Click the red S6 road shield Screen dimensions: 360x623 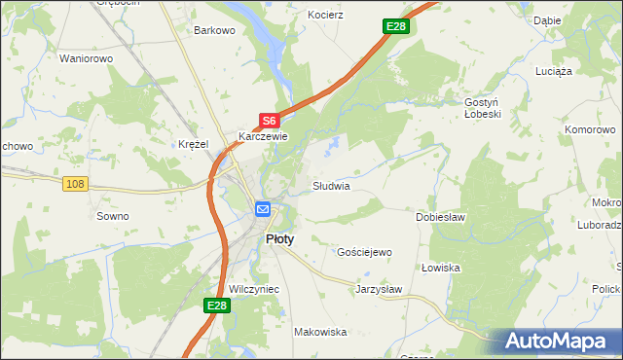(x=270, y=121)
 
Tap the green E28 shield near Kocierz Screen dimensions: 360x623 (x=394, y=26)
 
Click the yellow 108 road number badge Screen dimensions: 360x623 (x=75, y=183)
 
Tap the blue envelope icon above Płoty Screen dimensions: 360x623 (x=263, y=208)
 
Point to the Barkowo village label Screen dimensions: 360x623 (x=215, y=30)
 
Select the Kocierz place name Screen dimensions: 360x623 (x=326, y=17)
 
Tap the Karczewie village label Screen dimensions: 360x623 (x=264, y=137)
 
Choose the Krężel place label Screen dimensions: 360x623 (x=194, y=144)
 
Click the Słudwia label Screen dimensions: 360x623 (x=330, y=185)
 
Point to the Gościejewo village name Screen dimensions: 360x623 (x=363, y=252)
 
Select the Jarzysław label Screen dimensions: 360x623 (x=379, y=289)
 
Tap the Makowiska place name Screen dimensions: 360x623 (x=320, y=332)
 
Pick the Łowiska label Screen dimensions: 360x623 (x=440, y=268)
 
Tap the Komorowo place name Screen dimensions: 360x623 (x=592, y=128)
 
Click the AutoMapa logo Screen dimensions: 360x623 (x=561, y=342)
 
